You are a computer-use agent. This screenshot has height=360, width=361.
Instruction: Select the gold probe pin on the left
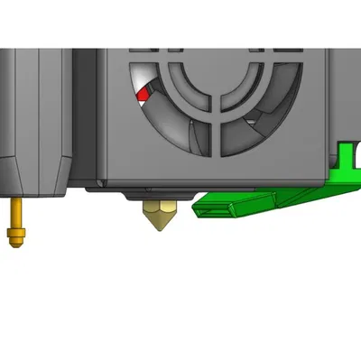(x=15, y=222)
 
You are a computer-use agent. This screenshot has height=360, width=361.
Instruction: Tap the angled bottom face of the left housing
(x=36, y=176)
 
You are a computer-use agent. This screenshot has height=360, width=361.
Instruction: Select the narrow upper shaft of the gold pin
(x=15, y=212)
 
